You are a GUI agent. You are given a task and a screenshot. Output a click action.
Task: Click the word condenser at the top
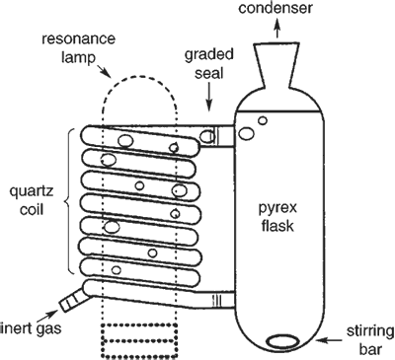[276, 8]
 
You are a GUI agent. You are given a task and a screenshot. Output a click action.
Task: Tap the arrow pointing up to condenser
[277, 28]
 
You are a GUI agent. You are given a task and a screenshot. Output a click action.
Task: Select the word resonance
[79, 39]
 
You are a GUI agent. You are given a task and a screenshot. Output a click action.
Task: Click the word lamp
[78, 58]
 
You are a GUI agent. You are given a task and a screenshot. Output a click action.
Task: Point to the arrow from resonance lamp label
[105, 71]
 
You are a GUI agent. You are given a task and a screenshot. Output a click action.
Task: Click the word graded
[209, 54]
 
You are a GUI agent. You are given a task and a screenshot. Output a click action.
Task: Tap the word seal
[209, 73]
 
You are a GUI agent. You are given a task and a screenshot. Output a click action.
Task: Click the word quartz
[32, 191]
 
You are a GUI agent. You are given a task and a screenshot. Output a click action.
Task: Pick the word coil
[32, 209]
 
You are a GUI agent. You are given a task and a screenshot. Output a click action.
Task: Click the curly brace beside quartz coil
[70, 201]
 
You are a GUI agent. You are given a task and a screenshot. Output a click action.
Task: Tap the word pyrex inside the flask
[277, 208]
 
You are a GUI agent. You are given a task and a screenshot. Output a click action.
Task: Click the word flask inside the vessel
[277, 226]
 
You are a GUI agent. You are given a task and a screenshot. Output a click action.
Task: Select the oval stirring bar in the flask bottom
[283, 341]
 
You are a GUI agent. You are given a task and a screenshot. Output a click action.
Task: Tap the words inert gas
[32, 328]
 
